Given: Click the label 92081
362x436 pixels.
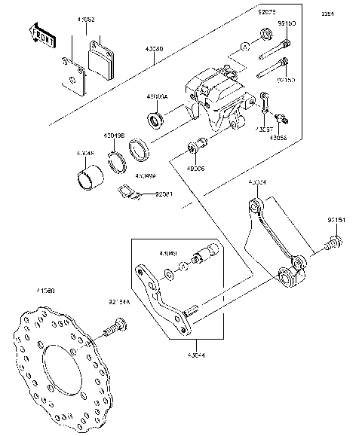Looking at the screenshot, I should [164, 194].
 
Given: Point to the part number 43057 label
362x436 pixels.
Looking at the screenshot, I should [264, 130].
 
